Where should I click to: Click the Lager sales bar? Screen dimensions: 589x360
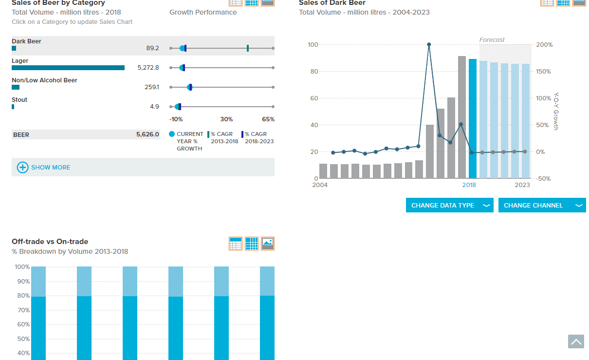[68, 68]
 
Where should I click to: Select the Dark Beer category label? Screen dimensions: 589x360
[26, 41]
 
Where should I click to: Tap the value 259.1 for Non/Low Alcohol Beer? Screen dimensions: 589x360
[152, 87]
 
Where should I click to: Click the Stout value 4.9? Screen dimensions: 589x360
[154, 107]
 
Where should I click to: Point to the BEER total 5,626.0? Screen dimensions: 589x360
[147, 134]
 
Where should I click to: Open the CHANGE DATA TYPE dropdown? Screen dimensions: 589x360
[450, 205]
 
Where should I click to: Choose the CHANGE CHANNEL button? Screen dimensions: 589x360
[542, 205]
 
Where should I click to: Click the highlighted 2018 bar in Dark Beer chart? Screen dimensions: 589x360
[473, 119]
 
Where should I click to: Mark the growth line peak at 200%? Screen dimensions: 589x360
[429, 44]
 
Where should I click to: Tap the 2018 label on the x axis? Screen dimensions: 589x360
[469, 185]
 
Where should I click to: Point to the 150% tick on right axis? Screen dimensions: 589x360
[543, 72]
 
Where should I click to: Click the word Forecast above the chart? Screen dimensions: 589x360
[492, 40]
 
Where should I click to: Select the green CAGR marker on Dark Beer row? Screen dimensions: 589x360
[248, 48]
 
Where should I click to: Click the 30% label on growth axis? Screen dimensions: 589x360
[226, 119]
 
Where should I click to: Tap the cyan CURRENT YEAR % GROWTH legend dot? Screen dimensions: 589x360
[172, 134]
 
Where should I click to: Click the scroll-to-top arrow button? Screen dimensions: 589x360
[576, 341]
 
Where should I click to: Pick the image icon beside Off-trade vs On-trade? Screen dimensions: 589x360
[268, 244]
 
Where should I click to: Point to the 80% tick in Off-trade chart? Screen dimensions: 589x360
[23, 296]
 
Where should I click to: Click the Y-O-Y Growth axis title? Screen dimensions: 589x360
[556, 112]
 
